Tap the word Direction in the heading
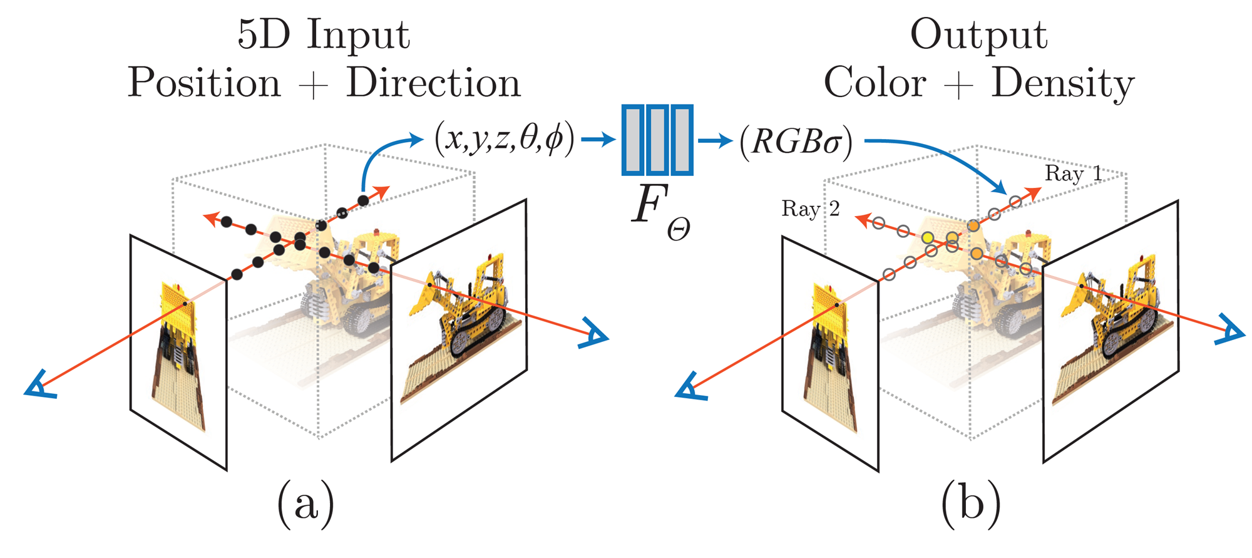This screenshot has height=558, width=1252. (433, 83)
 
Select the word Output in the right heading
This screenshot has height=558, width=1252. (978, 35)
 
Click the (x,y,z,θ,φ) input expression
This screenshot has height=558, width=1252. (504, 140)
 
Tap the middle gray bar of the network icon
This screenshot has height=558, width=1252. (657, 140)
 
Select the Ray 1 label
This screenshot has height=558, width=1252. (1073, 173)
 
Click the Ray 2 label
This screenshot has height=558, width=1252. (810, 209)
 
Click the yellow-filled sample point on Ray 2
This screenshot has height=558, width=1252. (928, 238)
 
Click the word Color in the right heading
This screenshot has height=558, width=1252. (875, 83)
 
